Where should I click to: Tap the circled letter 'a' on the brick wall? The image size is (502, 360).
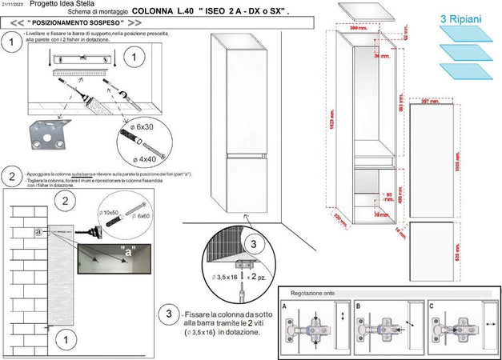click(x=38, y=231)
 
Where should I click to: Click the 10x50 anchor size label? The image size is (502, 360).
click(x=108, y=213)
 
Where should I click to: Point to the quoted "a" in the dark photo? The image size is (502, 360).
click(x=127, y=250)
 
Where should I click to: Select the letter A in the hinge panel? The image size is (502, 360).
click(x=283, y=306)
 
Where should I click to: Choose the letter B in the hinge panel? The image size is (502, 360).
click(x=358, y=306)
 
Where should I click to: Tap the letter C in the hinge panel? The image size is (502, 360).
click(x=432, y=306)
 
